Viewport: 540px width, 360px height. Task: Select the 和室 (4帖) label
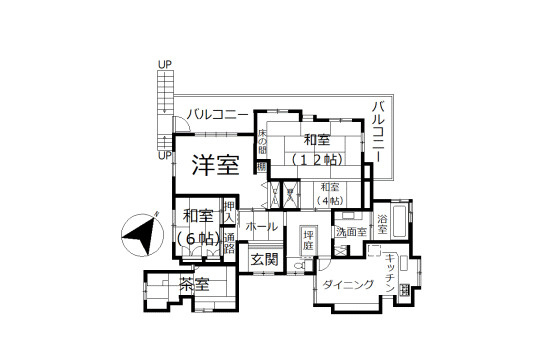tap(331, 192)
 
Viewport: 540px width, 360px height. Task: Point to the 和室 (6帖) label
tap(197, 226)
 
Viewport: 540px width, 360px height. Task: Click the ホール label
tap(261, 227)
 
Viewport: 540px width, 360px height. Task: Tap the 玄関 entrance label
tap(264, 259)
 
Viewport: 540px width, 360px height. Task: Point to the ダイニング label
tap(349, 286)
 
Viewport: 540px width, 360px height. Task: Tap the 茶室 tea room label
tap(194, 285)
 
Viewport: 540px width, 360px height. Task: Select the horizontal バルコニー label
tap(216, 116)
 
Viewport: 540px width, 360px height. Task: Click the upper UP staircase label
tap(164, 65)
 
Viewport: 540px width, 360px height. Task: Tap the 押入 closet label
tap(229, 211)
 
